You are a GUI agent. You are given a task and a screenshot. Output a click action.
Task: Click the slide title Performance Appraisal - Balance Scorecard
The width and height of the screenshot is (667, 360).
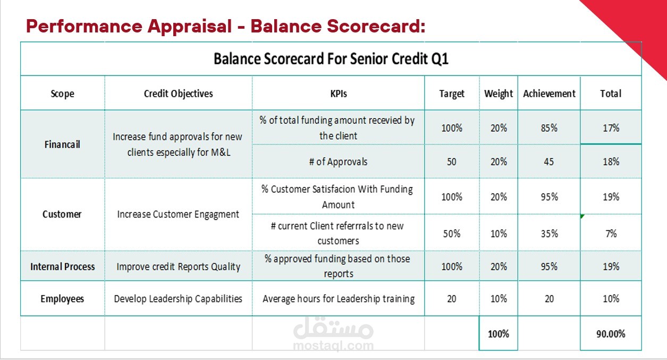tap(225, 26)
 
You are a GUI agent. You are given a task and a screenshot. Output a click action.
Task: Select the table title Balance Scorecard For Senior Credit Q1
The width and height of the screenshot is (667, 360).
tap(331, 58)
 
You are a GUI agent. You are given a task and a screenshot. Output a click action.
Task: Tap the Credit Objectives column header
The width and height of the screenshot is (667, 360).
tap(178, 94)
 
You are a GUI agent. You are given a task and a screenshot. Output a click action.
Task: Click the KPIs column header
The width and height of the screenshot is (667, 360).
tap(338, 94)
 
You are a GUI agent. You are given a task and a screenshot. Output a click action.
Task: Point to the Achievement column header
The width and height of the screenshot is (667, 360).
tap(549, 94)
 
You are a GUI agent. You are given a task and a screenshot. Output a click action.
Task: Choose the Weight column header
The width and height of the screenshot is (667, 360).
tap(498, 94)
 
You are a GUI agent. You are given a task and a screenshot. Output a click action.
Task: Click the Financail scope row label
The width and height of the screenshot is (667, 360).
tap(62, 144)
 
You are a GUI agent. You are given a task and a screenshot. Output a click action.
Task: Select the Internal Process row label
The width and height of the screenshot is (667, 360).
tap(62, 266)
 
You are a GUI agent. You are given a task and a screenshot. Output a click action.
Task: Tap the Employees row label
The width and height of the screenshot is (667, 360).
tap(62, 299)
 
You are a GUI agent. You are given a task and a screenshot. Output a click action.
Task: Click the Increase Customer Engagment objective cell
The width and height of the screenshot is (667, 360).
tap(178, 214)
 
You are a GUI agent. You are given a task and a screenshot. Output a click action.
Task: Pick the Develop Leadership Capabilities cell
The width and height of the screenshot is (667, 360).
tap(178, 299)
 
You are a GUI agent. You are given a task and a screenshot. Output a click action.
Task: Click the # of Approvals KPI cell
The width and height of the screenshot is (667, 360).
tap(338, 162)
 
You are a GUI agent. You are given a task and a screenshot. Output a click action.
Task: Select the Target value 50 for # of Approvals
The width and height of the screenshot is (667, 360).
tap(451, 162)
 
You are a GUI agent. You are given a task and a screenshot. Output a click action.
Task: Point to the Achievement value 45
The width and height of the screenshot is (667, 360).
tap(549, 162)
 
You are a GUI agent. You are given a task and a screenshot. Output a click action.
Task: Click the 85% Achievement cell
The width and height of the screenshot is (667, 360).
tap(549, 128)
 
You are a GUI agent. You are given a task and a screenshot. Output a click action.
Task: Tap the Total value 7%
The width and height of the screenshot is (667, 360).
tap(611, 233)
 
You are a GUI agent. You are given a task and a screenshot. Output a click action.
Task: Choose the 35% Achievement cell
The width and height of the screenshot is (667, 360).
tap(549, 233)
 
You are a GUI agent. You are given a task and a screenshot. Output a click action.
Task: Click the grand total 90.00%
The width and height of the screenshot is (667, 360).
tap(611, 334)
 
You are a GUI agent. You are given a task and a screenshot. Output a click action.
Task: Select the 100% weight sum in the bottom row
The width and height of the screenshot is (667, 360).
tap(498, 334)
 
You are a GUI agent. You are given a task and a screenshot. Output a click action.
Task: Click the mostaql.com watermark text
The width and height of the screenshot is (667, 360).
tap(333, 346)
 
